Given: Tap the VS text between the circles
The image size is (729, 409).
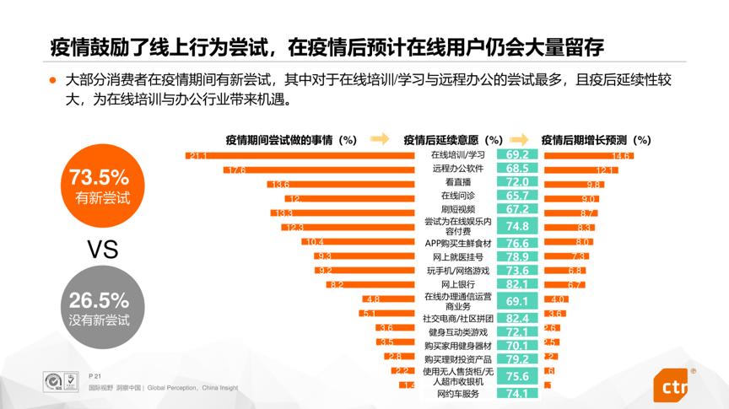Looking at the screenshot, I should (99, 249).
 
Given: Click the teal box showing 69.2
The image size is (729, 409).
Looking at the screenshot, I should (517, 156).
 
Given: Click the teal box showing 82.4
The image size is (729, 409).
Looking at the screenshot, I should (517, 318).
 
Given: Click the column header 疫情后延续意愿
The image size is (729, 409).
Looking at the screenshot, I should (453, 139).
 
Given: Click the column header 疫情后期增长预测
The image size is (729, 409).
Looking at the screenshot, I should (595, 139).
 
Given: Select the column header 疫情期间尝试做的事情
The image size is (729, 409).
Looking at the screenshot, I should (290, 139).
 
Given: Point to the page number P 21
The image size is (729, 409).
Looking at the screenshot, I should (94, 374).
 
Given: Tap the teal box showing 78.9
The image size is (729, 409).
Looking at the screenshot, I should (517, 256).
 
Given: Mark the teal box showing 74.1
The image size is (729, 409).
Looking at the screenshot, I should (517, 394).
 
